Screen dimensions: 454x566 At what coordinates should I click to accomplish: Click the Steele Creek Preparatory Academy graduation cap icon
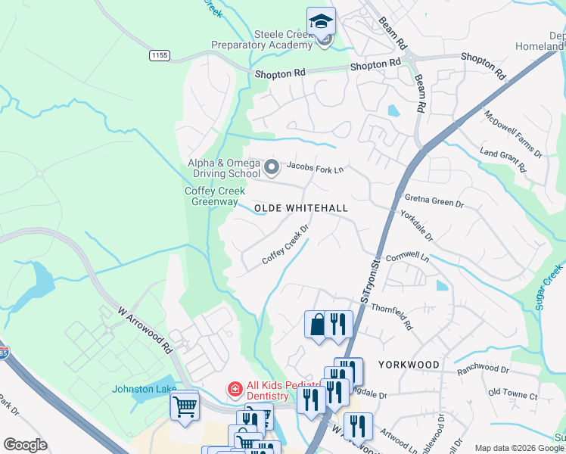point(321,20)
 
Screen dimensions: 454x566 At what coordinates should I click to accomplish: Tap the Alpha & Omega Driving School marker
point(270,166)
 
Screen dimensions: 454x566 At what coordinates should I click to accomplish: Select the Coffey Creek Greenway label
point(212,197)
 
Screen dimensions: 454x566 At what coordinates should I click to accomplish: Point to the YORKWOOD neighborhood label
point(409,365)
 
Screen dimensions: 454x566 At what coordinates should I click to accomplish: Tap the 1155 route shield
point(159,55)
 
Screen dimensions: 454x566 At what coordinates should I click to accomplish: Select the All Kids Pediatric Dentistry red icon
point(235,389)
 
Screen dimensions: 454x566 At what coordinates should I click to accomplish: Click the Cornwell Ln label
point(407,257)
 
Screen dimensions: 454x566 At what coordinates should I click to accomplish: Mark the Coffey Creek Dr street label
point(286,244)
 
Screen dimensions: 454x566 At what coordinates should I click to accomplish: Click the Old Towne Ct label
point(512,396)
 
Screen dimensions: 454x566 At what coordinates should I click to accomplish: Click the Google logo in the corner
point(25,445)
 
